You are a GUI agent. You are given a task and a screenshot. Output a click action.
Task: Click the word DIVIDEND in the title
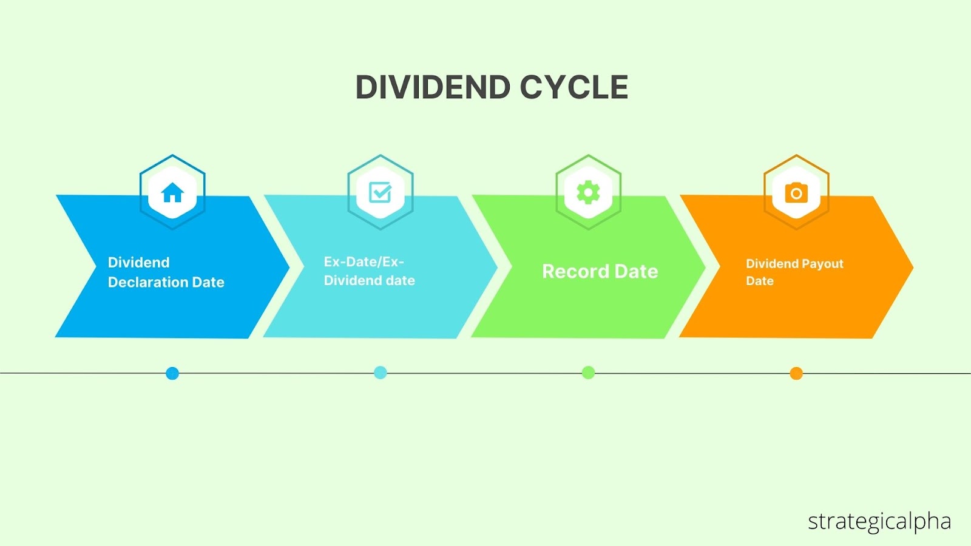[433, 87]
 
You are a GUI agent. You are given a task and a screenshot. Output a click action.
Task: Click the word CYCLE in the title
[574, 87]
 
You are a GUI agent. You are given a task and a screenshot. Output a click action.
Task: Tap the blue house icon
[172, 192]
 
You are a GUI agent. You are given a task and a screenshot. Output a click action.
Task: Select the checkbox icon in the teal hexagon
[380, 192]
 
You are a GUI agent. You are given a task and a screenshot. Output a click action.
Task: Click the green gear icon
[588, 192]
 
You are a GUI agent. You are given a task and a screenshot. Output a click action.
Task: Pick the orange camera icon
[796, 193]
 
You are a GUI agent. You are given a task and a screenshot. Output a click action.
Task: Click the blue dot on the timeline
[172, 373]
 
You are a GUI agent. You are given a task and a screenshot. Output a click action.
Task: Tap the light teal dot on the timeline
[380, 372]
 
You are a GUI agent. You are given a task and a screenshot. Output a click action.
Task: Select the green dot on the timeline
[588, 372]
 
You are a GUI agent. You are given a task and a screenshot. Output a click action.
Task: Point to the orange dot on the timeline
[796, 373]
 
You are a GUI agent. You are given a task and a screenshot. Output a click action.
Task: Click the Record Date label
[600, 272]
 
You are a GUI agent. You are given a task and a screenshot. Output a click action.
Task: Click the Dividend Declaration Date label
[166, 272]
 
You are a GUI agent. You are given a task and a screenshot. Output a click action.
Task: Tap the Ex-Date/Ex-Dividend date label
[370, 271]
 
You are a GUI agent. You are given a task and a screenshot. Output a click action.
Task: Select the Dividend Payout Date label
[794, 272]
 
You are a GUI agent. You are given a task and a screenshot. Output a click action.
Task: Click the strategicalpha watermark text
[879, 522]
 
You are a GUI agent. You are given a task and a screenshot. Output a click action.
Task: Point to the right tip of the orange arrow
[913, 268]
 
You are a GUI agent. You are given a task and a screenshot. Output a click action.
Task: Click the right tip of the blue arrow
[289, 268]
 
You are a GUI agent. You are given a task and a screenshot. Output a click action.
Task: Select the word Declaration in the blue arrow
[148, 283]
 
